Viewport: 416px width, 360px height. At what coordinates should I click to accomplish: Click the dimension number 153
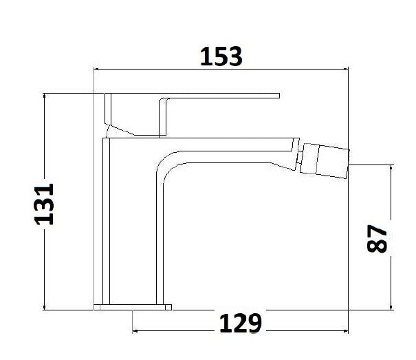[221, 56]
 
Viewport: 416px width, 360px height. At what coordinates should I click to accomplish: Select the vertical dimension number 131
[45, 204]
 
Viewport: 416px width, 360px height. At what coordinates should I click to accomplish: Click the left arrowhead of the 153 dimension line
[97, 69]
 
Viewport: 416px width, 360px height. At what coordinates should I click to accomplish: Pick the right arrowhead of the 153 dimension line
[346, 69]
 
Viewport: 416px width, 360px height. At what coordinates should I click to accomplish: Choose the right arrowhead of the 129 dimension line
[346, 332]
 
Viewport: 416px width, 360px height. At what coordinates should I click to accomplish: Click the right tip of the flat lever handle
[278, 95]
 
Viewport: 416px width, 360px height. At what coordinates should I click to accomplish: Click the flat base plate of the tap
[133, 305]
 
